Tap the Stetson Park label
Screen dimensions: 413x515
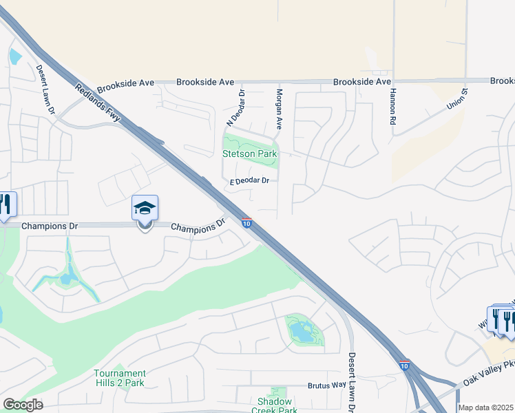pyautogui.click(x=250, y=154)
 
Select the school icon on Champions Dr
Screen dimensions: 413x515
pyautogui.click(x=145, y=209)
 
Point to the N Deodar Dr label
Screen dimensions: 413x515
pyautogui.click(x=235, y=108)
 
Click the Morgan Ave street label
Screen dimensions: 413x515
pyautogui.click(x=280, y=109)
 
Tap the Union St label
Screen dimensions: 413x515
pyautogui.click(x=457, y=98)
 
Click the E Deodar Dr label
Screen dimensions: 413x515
pyautogui.click(x=254, y=181)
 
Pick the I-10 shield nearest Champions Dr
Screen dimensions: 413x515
pyautogui.click(x=246, y=222)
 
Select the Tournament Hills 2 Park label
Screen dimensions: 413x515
pyautogui.click(x=120, y=378)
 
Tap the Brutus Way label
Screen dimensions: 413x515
pyautogui.click(x=326, y=385)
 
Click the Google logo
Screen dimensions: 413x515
pyautogui.click(x=23, y=405)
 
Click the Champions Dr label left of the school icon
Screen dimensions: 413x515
pyautogui.click(x=50, y=225)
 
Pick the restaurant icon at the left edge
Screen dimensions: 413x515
pyautogui.click(x=5, y=205)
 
